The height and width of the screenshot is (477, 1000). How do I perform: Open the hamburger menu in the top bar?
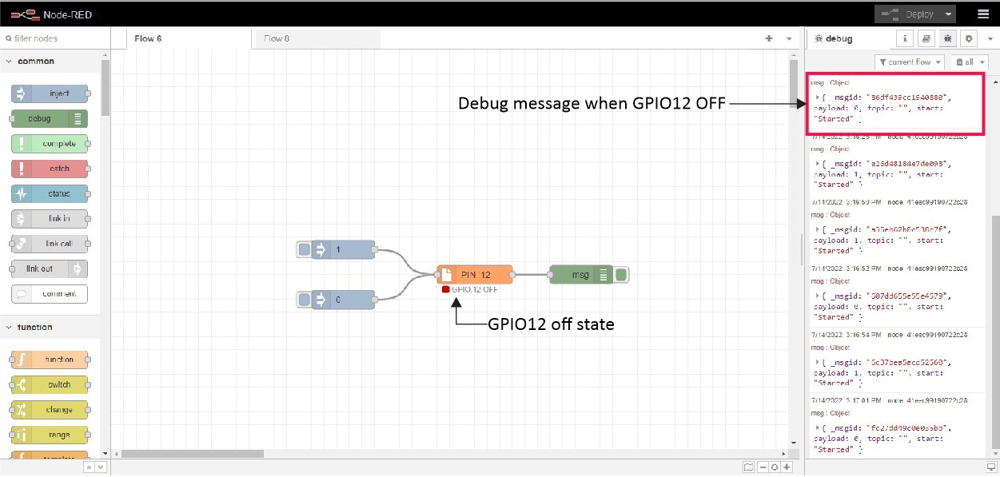pos(982,14)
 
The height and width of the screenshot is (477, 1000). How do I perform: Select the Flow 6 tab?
pos(148,38)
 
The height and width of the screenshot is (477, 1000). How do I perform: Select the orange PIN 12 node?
pos(475,275)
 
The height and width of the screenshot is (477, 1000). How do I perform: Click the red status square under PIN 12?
pos(445,289)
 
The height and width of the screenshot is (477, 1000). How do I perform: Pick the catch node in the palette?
pos(50,169)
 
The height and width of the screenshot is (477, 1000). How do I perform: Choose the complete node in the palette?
pos(50,144)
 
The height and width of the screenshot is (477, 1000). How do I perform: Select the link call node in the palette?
pos(50,244)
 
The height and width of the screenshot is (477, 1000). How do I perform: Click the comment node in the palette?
pos(50,293)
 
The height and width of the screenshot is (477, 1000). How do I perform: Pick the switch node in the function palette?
pos(50,384)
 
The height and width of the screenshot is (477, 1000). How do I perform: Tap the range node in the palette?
pos(50,435)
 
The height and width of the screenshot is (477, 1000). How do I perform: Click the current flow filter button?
pos(910,62)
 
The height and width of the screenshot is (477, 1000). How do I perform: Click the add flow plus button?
pos(769,38)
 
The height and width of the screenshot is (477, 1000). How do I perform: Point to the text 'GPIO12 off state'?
pos(551,324)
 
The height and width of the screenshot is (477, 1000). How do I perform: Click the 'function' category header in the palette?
pos(35,327)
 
